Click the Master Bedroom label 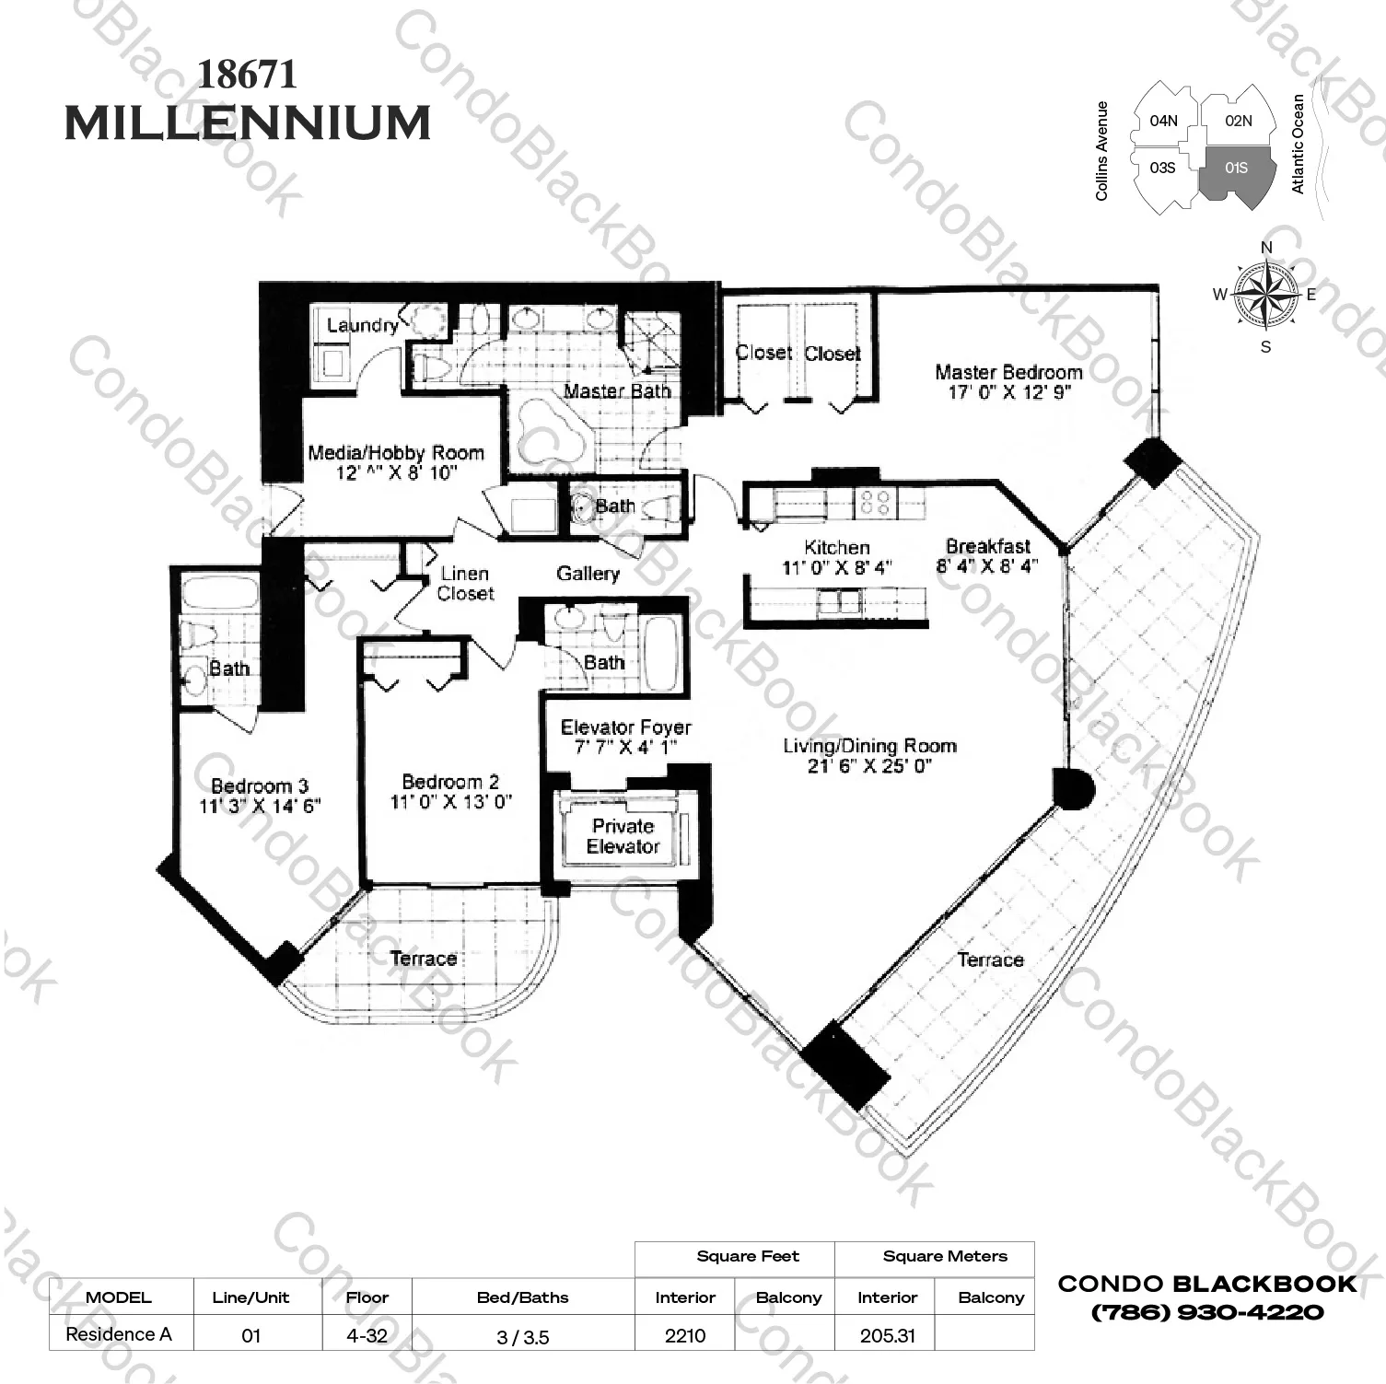(x=1008, y=372)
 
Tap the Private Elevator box (x=623, y=836)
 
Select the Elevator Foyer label (x=625, y=727)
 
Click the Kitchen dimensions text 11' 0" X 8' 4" (x=836, y=568)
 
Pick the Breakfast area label (x=988, y=546)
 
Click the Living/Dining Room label (x=869, y=746)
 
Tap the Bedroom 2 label (x=450, y=782)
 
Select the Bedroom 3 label (x=259, y=786)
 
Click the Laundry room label (x=362, y=325)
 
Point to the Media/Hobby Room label (x=395, y=453)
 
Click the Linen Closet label (x=465, y=584)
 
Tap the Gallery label (x=588, y=574)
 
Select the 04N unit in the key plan (x=1163, y=121)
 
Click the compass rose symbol (x=1265, y=296)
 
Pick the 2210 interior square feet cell (x=685, y=1335)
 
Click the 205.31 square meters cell (x=887, y=1335)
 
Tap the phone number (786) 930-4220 (x=1206, y=1312)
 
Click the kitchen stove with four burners (x=877, y=503)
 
